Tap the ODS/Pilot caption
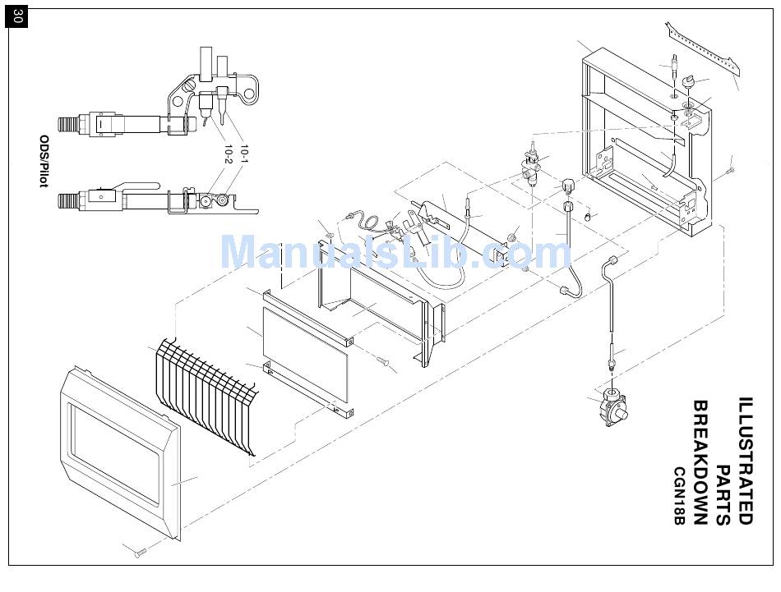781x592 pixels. point(44,161)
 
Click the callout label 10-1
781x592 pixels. point(244,154)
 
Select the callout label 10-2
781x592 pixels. point(229,154)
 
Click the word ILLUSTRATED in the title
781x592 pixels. point(745,460)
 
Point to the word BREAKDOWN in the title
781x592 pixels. point(700,462)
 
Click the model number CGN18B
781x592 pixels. point(679,495)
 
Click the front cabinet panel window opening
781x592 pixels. point(113,455)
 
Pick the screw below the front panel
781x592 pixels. point(141,551)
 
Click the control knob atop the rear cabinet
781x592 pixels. point(690,80)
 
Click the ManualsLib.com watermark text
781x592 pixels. point(395,253)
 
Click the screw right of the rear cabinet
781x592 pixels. point(730,170)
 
